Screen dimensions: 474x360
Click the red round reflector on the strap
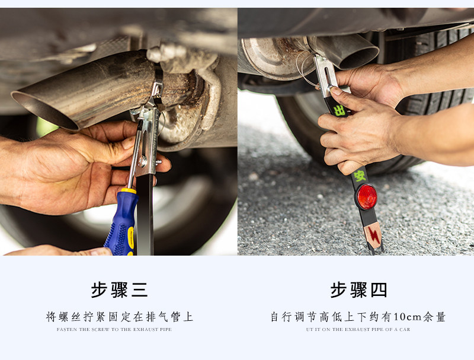pyautogui.click(x=367, y=197)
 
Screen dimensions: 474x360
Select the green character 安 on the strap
pyautogui.click(x=360, y=176)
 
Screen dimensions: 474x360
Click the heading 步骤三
pyautogui.click(x=120, y=290)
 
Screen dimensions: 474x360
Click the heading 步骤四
pyautogui.click(x=358, y=290)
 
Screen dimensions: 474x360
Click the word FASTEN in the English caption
pyautogui.click(x=67, y=329)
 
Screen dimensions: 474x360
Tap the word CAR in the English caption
pyautogui.click(x=405, y=329)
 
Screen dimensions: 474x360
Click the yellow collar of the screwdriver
pyautogui.click(x=129, y=191)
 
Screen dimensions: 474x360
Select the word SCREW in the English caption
pyautogui.click(x=100, y=329)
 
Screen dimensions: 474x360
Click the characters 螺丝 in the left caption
pyautogui.click(x=70, y=317)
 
